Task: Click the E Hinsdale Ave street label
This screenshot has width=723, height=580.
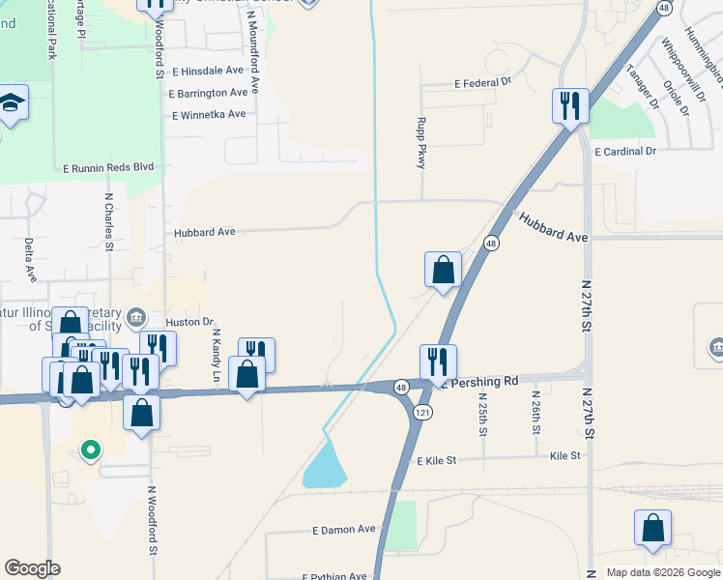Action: [208, 71]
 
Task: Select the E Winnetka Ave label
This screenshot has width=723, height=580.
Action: [208, 114]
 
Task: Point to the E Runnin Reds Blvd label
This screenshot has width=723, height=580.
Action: [107, 166]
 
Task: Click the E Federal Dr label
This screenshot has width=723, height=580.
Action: [482, 83]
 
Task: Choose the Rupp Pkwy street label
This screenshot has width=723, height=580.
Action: [420, 142]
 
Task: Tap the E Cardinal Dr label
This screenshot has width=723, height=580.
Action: [625, 151]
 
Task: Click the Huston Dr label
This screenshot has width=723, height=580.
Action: [188, 321]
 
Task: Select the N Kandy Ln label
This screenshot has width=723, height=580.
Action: [216, 354]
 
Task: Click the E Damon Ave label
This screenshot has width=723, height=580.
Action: [343, 530]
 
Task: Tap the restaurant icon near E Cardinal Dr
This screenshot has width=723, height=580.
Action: [570, 103]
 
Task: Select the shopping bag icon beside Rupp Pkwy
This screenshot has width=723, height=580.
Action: [443, 269]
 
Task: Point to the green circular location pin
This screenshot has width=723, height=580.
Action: [90, 449]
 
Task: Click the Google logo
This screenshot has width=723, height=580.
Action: [32, 568]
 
